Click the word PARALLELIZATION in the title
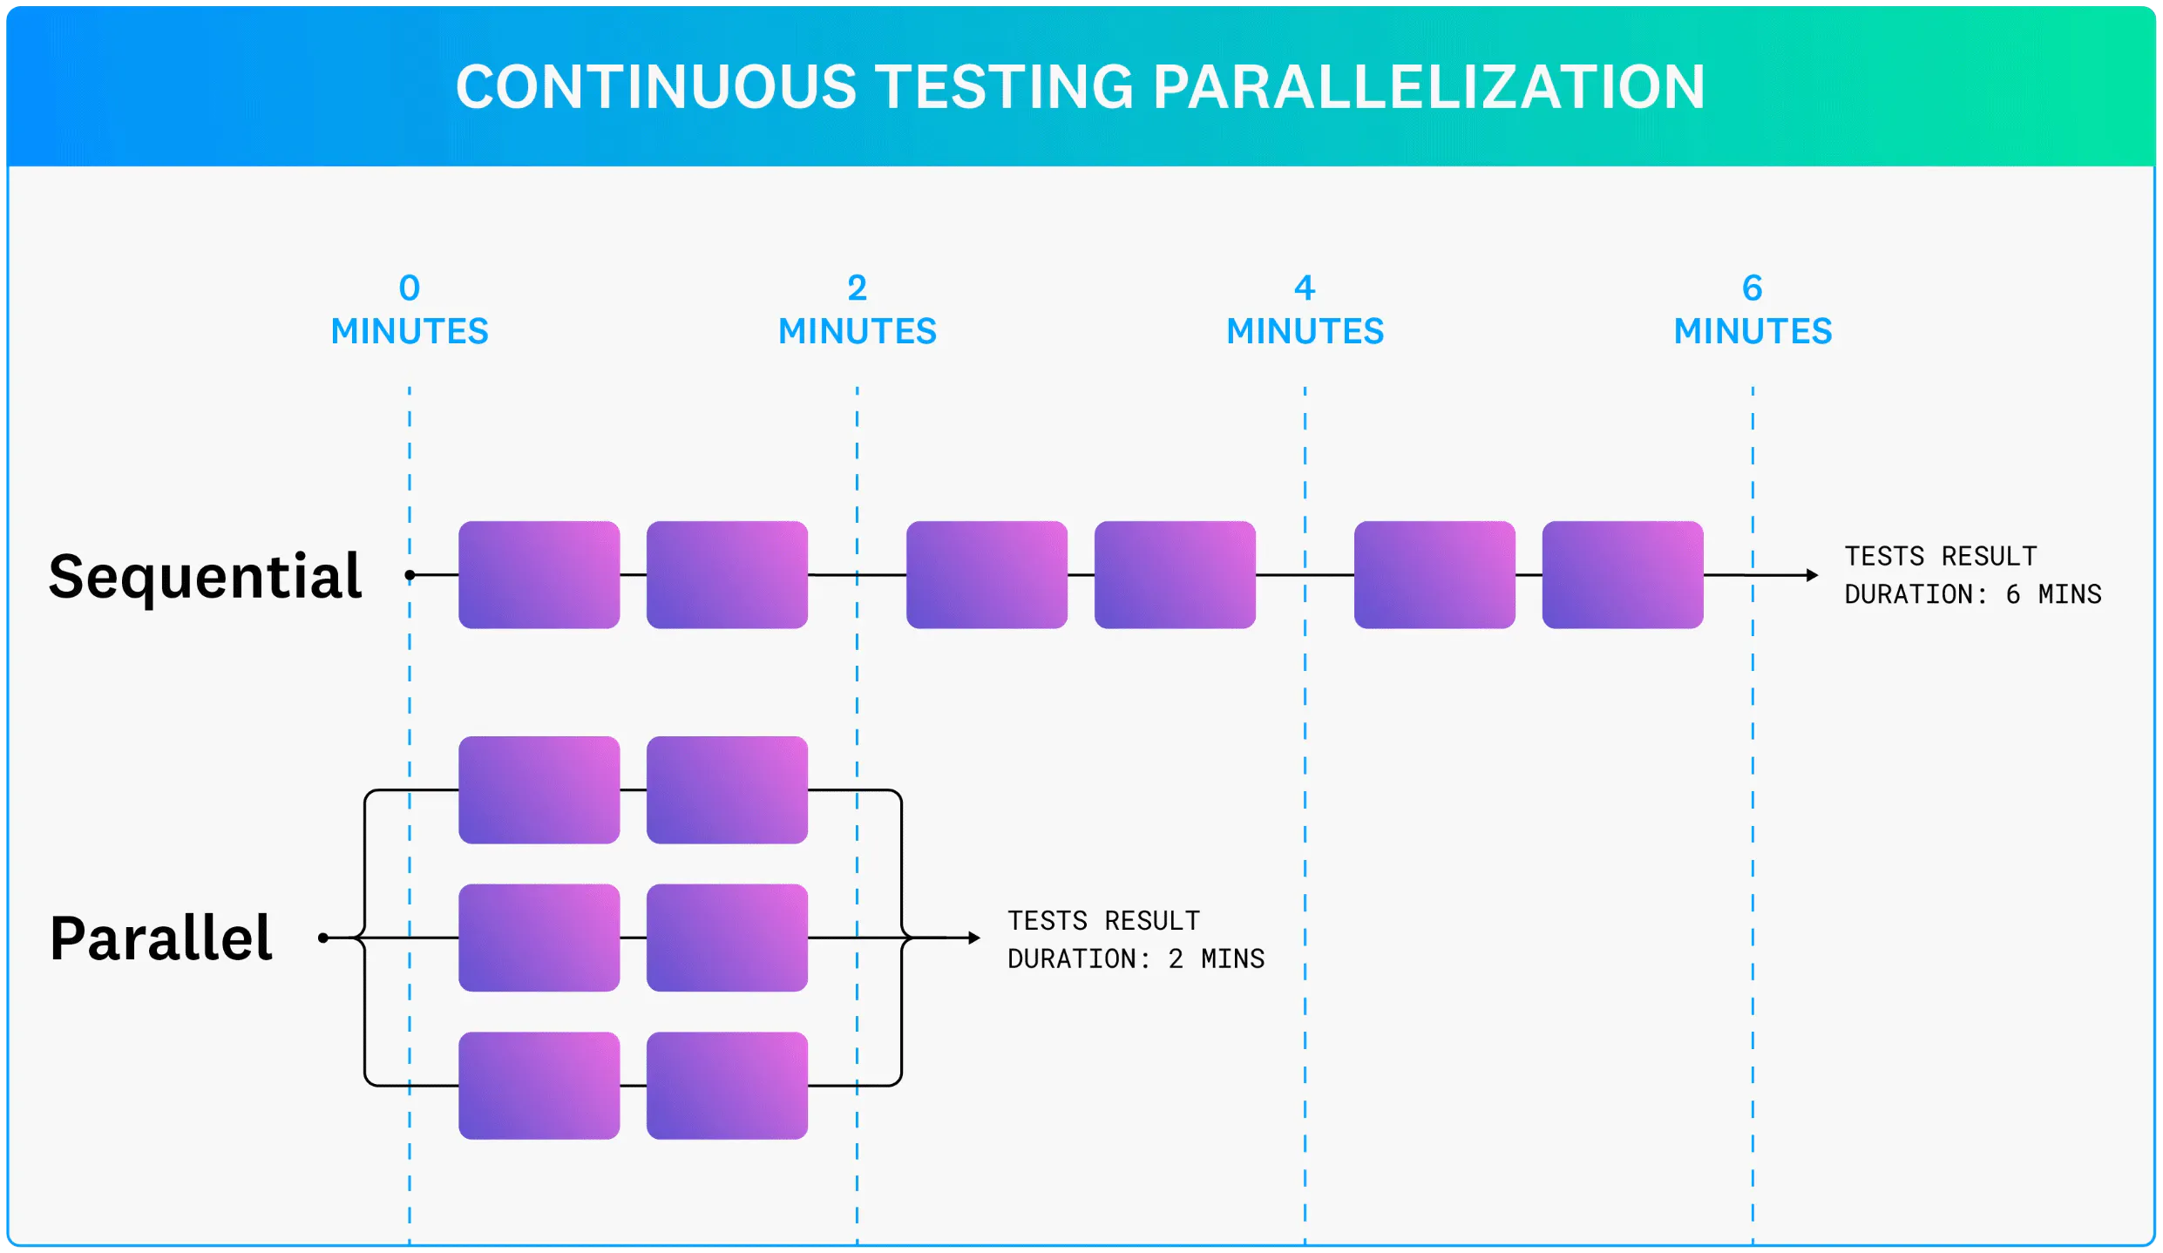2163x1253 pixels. pyautogui.click(x=1428, y=87)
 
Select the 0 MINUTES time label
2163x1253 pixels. pyautogui.click(x=410, y=310)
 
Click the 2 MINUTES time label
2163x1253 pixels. pyautogui.click(x=857, y=310)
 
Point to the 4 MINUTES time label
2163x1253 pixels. pyautogui.click(x=1305, y=310)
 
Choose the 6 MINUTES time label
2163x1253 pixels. pyautogui.click(x=1753, y=310)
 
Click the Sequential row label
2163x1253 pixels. pyautogui.click(x=205, y=576)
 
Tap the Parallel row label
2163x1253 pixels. pyautogui.click(x=161, y=938)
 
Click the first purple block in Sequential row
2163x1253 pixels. pyautogui.click(x=539, y=575)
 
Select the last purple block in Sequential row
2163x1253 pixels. pyautogui.click(x=1622, y=575)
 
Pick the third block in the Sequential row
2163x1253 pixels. pyautogui.click(x=987, y=575)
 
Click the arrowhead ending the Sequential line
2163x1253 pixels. pyautogui.click(x=1813, y=575)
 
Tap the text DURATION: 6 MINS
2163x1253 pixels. pyautogui.click(x=1972, y=595)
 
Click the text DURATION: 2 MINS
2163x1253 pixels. pyautogui.click(x=1136, y=959)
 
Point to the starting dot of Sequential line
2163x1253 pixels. pyautogui.click(x=410, y=575)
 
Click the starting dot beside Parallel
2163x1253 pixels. pyautogui.click(x=323, y=938)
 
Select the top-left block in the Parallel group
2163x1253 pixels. pyautogui.click(x=539, y=789)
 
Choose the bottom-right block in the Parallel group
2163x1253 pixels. pyautogui.click(x=727, y=1086)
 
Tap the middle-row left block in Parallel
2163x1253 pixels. pyautogui.click(x=539, y=938)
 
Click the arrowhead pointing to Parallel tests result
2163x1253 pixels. pyautogui.click(x=975, y=938)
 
